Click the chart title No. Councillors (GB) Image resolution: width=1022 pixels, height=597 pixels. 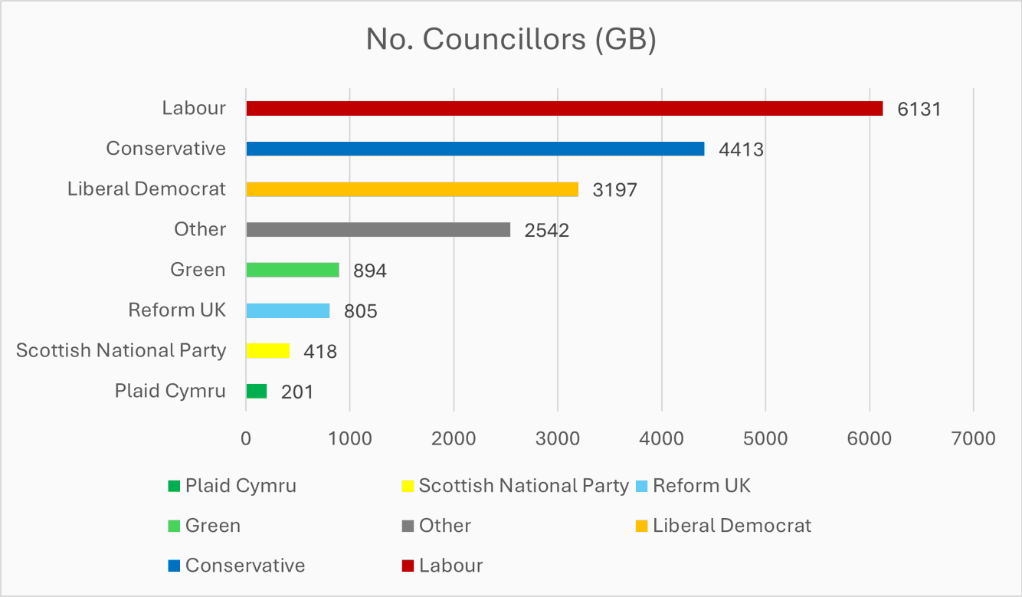click(x=511, y=40)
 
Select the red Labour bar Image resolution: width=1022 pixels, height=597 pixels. click(x=564, y=109)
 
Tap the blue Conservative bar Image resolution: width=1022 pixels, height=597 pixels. click(x=475, y=149)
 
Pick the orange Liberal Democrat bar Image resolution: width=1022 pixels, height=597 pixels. click(x=412, y=189)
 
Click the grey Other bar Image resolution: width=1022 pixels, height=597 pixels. click(x=378, y=229)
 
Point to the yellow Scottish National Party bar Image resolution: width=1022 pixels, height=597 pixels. click(x=267, y=351)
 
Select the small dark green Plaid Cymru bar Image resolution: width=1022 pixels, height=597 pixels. click(x=256, y=391)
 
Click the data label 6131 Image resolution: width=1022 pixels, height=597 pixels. click(x=919, y=109)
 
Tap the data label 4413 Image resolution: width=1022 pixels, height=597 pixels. click(x=741, y=149)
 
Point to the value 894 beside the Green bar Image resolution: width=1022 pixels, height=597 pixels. click(x=369, y=271)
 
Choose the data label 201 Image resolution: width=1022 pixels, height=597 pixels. click(x=296, y=392)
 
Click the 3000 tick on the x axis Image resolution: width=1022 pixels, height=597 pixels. click(x=558, y=438)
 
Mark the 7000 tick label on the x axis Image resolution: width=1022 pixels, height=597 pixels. click(x=973, y=438)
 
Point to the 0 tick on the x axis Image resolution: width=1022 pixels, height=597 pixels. click(x=246, y=438)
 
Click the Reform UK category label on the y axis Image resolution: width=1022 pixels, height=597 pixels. click(x=177, y=310)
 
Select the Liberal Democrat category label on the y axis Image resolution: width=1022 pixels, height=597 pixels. click(x=146, y=189)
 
